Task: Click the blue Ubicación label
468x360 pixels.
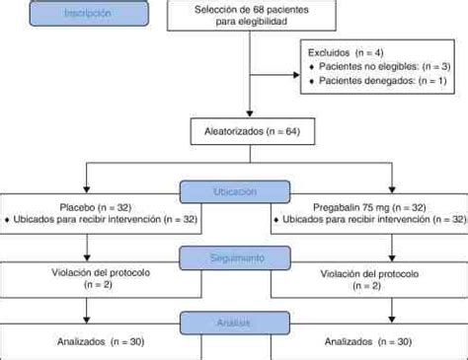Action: [x=234, y=189]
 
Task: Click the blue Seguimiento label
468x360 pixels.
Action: [x=234, y=257]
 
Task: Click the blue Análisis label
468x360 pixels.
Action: [x=234, y=323]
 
